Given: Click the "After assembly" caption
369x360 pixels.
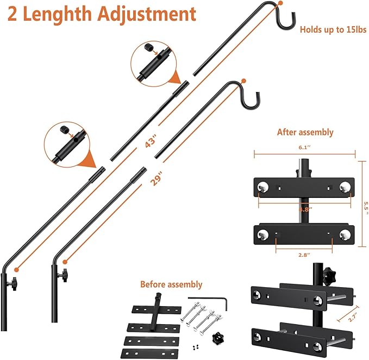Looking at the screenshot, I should pyautogui.click(x=305, y=132).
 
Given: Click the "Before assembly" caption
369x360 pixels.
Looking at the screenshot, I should pyautogui.click(x=171, y=284).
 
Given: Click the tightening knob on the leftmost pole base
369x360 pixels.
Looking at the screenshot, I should pyautogui.click(x=11, y=283).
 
